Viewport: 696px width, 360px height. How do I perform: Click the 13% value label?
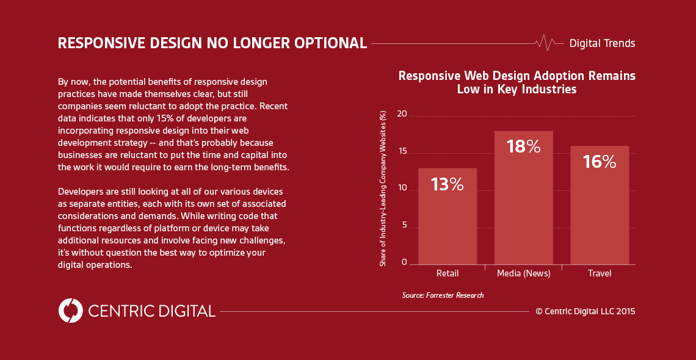tap(448, 184)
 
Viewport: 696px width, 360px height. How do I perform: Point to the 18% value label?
tap(523, 146)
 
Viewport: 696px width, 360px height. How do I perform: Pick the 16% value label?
tap(599, 162)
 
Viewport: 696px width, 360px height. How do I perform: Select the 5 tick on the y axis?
tap(404, 225)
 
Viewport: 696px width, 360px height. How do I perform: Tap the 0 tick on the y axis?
tap(404, 262)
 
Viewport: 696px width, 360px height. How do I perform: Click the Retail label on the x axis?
tap(448, 273)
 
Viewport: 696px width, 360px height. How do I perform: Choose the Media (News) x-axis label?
tap(523, 273)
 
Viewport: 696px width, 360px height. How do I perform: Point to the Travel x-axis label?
tap(600, 273)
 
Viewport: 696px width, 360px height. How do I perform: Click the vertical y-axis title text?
tap(383, 189)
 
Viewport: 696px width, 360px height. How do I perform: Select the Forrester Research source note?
tap(443, 295)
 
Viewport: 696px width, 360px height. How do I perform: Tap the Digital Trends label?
tap(602, 43)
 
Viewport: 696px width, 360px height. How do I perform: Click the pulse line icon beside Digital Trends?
tap(545, 43)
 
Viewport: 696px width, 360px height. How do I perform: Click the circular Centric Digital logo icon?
tap(70, 311)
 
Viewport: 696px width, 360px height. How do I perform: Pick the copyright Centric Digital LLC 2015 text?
tap(585, 311)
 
